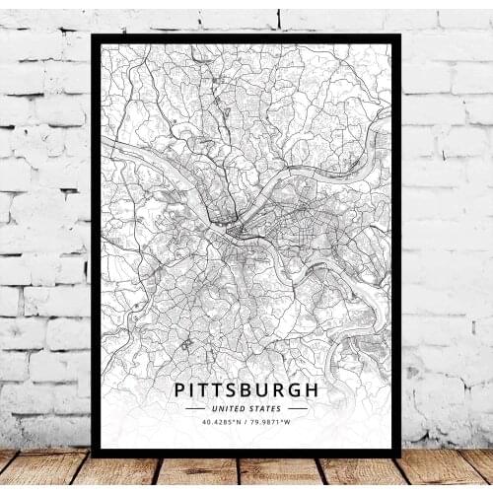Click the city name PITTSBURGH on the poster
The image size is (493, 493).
pos(246,388)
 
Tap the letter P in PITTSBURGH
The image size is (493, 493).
pos(180,388)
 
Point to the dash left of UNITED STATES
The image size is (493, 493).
pos(195,408)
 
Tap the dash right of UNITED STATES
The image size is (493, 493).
pos(296,408)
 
